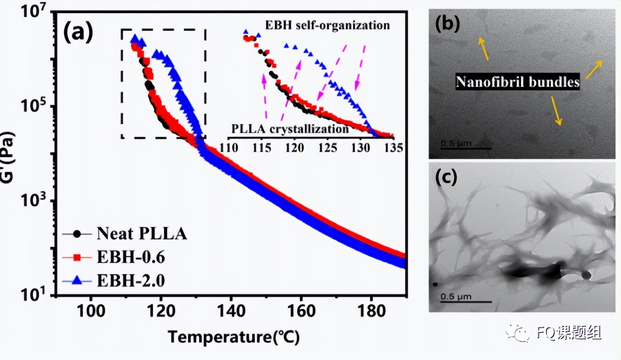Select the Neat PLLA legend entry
tap(141, 234)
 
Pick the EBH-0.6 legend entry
tap(130, 258)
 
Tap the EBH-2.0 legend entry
tap(130, 281)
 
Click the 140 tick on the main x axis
tap(231, 312)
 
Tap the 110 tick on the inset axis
tap(229, 147)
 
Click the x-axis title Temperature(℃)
tap(234, 337)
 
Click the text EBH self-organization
tap(327, 25)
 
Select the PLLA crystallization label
tap(290, 129)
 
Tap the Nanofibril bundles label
tap(517, 82)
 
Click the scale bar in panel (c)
tap(465, 301)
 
